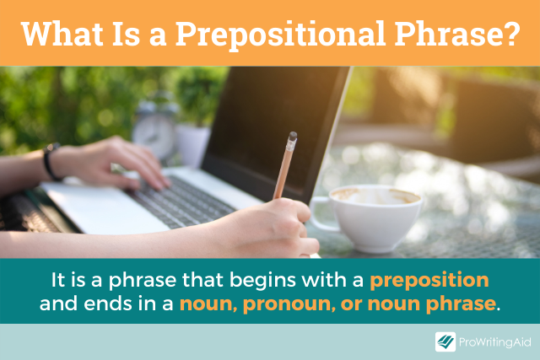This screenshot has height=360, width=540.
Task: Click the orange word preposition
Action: [x=429, y=279]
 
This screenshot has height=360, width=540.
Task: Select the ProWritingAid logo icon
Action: [x=445, y=341]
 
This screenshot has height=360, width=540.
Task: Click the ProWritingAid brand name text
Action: [x=494, y=341]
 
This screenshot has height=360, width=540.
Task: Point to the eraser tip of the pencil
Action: [x=292, y=137]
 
